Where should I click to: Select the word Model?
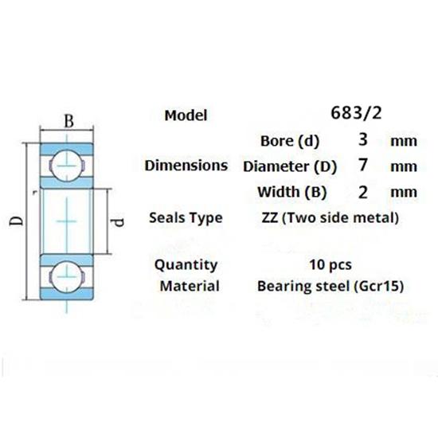coord(186,115)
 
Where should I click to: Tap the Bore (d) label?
coord(290,142)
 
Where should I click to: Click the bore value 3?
coord(363,141)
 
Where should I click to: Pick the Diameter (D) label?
coord(290,167)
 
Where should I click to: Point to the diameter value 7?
coord(363,166)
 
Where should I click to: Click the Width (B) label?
coord(290,192)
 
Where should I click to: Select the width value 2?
coord(363,191)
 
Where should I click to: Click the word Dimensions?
coord(186,166)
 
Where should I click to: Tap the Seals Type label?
coord(186,217)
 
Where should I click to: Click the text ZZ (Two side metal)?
coord(330,217)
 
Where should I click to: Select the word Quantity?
coord(186,264)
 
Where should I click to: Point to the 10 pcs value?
coord(330,264)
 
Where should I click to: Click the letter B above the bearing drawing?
coord(69,121)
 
